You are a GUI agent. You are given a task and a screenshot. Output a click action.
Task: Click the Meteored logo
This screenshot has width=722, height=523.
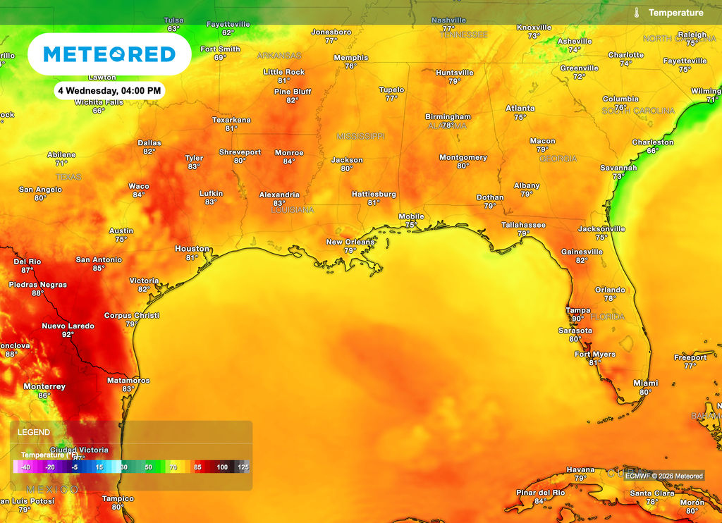tap(109, 54)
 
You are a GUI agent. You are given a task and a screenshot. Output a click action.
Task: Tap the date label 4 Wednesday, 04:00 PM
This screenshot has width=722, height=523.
tap(109, 90)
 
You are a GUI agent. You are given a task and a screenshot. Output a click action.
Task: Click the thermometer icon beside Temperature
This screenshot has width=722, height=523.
tap(636, 13)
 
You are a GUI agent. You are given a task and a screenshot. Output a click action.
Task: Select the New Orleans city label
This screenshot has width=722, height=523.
tap(350, 242)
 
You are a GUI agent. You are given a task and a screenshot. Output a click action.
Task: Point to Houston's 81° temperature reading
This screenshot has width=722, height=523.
tap(191, 257)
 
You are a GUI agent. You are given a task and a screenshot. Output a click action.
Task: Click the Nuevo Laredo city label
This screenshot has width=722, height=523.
tap(68, 326)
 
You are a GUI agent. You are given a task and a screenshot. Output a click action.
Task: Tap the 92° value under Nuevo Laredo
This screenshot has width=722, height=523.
tap(68, 335)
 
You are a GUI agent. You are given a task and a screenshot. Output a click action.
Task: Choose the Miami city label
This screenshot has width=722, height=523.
tap(645, 383)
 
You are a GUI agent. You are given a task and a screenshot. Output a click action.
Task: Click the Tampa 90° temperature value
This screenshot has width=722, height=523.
tap(577, 319)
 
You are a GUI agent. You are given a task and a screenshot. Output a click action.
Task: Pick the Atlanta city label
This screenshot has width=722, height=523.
tap(520, 108)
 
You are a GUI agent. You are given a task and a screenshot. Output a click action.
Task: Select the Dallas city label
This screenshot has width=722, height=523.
tap(149, 142)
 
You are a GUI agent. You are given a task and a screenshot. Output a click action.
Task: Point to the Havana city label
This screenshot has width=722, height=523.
tap(580, 469)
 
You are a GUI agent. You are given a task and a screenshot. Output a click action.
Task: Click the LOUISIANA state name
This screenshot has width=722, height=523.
tap(292, 209)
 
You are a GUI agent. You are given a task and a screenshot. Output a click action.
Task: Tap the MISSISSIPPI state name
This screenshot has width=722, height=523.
tap(360, 135)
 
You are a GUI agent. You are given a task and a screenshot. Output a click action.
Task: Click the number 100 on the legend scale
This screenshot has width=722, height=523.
tap(222, 467)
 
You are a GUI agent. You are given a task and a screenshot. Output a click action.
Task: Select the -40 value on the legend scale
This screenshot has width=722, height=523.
tap(25, 467)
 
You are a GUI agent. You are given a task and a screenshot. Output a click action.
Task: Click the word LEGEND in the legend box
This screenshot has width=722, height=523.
tap(34, 432)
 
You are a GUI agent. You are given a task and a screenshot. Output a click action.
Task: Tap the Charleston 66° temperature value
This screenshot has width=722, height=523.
tap(652, 151)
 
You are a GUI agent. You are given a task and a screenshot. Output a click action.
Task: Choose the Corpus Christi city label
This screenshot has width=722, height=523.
tap(131, 315)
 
